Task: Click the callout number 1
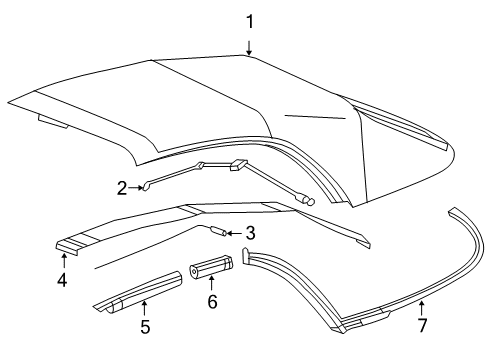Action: [250, 19]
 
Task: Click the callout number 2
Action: [150, 186]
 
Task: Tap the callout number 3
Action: [251, 234]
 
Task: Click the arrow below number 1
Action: [250, 43]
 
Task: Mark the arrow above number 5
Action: [144, 305]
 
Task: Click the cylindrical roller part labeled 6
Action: [212, 267]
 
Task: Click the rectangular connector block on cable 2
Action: [239, 165]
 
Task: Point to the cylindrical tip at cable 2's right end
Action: [309, 201]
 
